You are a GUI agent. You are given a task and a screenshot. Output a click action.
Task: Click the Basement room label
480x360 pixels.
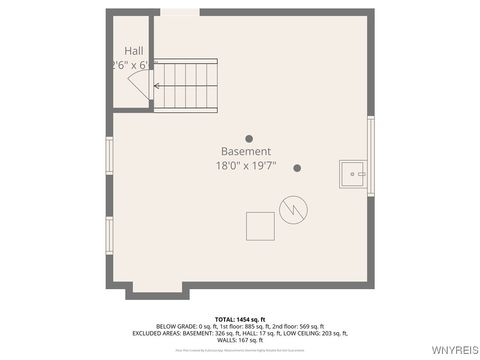[x=245, y=151]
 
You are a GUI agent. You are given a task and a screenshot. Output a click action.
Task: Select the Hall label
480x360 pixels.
[x=134, y=50]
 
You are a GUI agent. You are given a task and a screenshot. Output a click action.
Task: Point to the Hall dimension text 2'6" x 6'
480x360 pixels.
[x=134, y=65]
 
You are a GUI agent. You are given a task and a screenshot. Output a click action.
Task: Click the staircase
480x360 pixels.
[x=185, y=84]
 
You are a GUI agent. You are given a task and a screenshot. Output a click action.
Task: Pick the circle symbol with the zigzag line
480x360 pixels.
[x=293, y=209]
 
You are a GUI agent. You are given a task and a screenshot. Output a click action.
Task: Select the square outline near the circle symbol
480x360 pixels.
[x=260, y=226]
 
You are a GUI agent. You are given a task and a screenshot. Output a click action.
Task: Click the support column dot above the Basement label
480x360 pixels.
[x=249, y=139]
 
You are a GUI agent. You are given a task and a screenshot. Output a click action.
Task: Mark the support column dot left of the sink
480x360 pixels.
[x=297, y=168]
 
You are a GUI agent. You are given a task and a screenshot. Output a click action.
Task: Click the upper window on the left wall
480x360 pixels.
[x=109, y=155]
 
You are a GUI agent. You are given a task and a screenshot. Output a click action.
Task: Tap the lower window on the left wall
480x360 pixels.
[x=109, y=235]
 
